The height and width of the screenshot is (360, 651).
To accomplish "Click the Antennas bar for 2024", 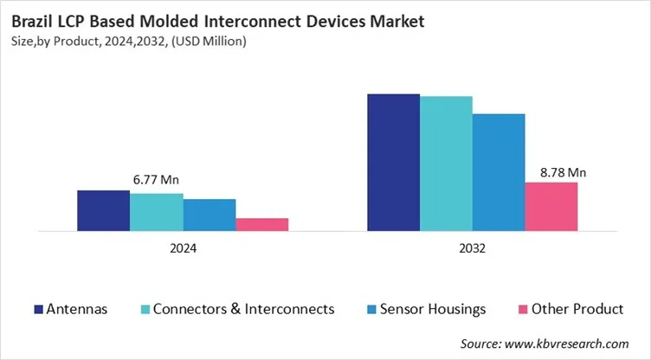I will tap(104, 210).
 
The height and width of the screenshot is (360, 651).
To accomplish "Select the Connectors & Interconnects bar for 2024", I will tap(157, 212).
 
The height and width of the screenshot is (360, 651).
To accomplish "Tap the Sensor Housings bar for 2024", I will tap(209, 215).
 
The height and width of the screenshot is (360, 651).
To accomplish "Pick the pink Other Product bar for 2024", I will tap(262, 224).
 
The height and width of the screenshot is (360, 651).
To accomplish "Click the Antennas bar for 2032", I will tap(394, 162).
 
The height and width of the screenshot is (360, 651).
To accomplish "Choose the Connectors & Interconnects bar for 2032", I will tap(447, 164).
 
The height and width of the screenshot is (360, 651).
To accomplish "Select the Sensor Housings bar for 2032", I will tap(499, 172).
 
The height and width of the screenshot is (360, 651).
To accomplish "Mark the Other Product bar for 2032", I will tap(551, 206).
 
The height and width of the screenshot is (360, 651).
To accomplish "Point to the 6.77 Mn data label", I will tap(157, 180).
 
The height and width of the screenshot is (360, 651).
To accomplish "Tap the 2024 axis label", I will tap(183, 248).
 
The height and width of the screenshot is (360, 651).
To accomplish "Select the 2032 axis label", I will tap(473, 248).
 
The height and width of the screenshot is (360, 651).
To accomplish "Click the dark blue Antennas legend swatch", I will tap(38, 309).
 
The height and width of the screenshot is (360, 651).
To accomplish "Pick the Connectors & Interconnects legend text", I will tap(243, 309).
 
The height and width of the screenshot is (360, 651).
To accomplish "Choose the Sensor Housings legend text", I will tap(435, 309).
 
